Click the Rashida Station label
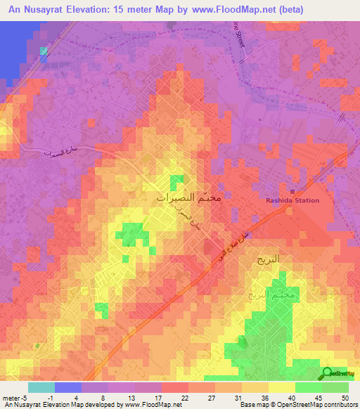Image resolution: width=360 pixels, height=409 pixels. pos(292,200)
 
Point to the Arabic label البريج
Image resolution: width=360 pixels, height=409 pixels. pos(266,259)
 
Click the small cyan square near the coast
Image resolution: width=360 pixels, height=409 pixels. pos(44,51)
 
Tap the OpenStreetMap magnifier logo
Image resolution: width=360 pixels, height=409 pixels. pos(328,374)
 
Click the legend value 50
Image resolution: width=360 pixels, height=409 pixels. pos(343,397)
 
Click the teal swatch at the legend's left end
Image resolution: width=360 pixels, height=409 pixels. pos(41,387)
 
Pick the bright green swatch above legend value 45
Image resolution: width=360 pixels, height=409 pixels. pos(309,387)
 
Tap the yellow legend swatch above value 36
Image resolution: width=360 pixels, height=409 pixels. pos(255,387)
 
